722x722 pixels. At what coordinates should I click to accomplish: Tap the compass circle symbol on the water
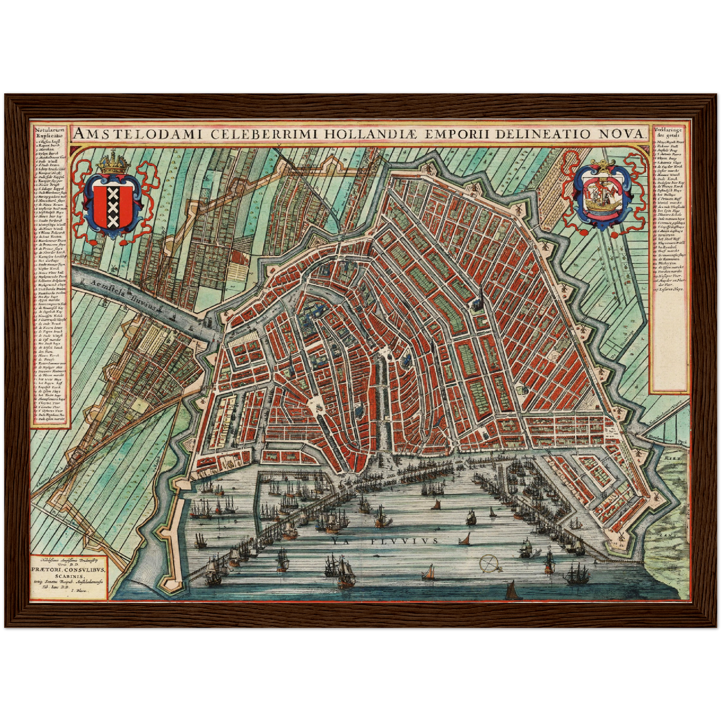tap(489, 564)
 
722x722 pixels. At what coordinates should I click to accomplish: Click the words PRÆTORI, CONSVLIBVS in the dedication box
tap(69, 569)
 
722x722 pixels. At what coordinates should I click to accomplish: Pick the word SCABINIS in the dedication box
tap(69, 576)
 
